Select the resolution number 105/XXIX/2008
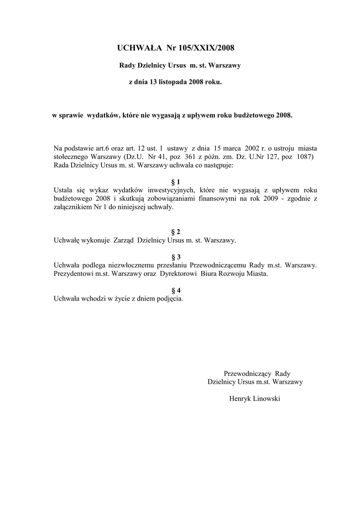(x=206, y=48)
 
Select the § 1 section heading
(x=176, y=182)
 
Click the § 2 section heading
(x=176, y=232)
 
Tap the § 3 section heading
(x=176, y=257)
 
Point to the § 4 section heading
(x=176, y=290)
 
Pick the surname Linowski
(x=267, y=399)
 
